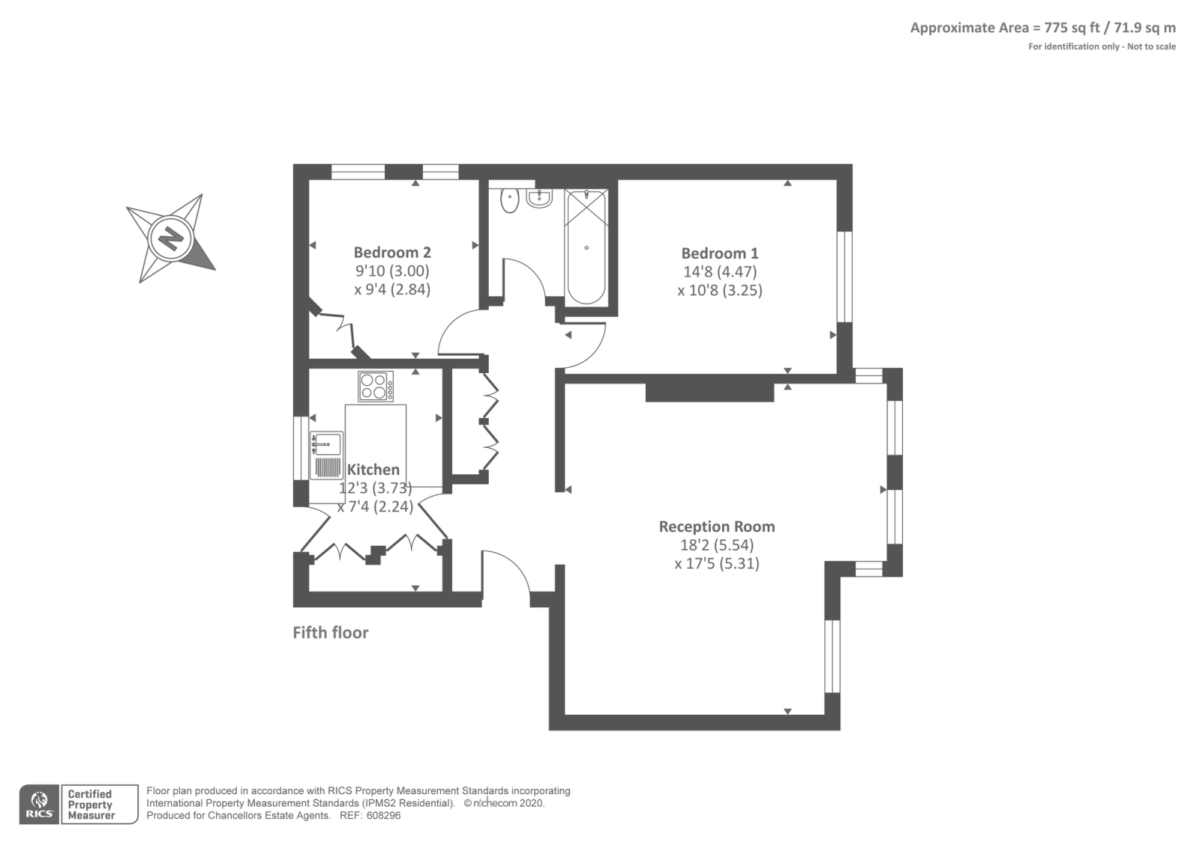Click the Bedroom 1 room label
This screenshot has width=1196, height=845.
pos(719,254)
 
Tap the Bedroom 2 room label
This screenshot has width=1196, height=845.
pos(392,253)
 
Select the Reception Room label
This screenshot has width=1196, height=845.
pos(716,526)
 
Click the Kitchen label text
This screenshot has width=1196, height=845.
pos(373,470)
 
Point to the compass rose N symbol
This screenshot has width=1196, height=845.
pos(171,239)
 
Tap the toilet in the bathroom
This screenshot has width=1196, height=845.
pos(510,200)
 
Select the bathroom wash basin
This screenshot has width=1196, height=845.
pos(538,197)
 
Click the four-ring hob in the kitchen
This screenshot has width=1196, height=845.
pos(376,387)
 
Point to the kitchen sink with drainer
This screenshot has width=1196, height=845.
pos(327,455)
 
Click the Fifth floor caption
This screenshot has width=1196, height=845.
pos(330,633)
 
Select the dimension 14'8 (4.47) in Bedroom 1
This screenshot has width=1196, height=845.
pos(719,272)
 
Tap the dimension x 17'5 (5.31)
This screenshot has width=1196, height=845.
pos(716,564)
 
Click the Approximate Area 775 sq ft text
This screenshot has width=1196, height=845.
pos(1042,28)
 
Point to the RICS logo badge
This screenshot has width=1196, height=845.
pos(39,805)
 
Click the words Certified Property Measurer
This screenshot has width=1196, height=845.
pos(90,805)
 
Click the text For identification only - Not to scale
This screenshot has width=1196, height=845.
pos(1101,46)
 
